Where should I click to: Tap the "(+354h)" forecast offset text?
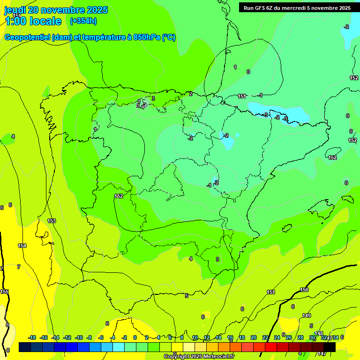(83, 21)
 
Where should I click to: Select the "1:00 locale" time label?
(33, 21)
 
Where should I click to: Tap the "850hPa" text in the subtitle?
(147, 37)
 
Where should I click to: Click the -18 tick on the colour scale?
(32, 337)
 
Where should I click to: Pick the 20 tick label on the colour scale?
(253, 337)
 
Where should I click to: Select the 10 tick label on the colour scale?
(195, 337)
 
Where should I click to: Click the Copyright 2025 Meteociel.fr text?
(199, 357)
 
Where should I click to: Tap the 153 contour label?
(52, 221)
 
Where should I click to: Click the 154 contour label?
(22, 246)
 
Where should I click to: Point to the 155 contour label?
(4, 292)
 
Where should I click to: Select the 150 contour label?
(304, 290)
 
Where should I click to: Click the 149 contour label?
(307, 315)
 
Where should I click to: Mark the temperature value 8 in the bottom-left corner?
(7, 350)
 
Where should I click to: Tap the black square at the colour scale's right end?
(330, 347)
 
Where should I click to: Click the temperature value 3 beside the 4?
(217, 259)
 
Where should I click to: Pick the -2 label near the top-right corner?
(346, 27)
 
